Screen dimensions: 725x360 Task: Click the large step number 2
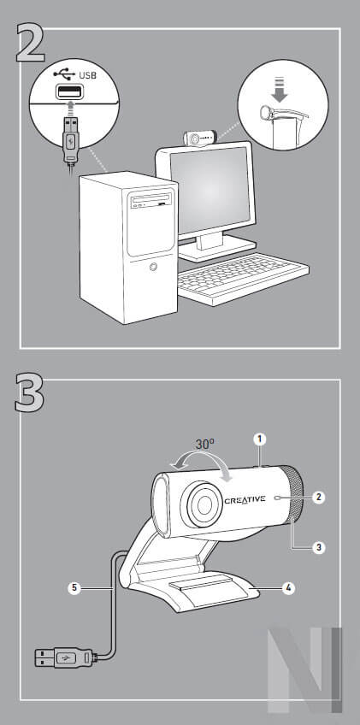click(x=31, y=44)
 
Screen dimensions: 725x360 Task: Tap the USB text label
click(x=88, y=75)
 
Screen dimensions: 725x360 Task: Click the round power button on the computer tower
click(x=152, y=267)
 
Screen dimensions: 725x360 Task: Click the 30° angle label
click(x=204, y=445)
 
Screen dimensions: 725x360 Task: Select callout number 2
click(x=318, y=497)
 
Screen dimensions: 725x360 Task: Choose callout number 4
click(x=288, y=588)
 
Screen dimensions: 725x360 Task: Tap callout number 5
click(x=75, y=588)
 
